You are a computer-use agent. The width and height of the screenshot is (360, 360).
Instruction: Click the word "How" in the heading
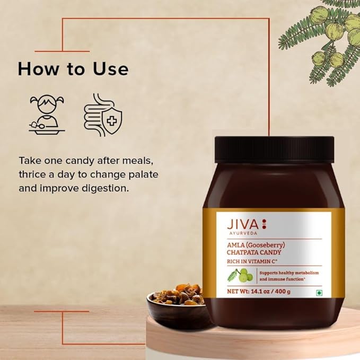38,68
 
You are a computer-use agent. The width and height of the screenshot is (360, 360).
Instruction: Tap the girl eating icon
47,113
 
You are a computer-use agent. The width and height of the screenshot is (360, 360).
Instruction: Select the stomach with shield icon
103,115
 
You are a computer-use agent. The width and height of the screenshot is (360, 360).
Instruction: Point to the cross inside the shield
112,120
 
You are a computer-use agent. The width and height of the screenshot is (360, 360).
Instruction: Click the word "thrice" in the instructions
32,174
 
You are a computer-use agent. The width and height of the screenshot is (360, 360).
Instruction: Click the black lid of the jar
274,149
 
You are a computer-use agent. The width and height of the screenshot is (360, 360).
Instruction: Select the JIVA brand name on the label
243,224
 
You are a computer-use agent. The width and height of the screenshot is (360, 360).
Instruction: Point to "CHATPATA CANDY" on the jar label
254,252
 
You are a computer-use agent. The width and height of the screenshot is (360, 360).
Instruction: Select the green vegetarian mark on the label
319,293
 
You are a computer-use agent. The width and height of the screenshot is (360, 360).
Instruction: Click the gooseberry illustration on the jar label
240,275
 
